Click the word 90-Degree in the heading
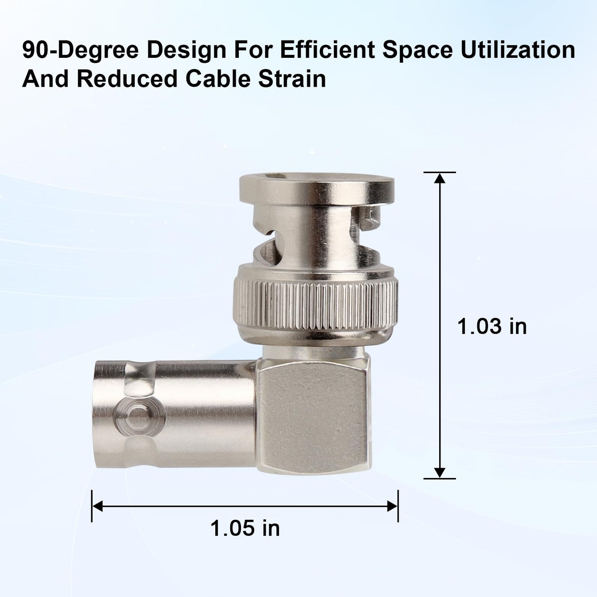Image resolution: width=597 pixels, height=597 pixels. coord(81,51)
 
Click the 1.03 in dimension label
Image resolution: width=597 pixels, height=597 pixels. coord(492,326)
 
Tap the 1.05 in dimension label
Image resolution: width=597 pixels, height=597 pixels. coord(245,528)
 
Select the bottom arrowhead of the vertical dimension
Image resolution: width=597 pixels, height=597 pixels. coord(439,473)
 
